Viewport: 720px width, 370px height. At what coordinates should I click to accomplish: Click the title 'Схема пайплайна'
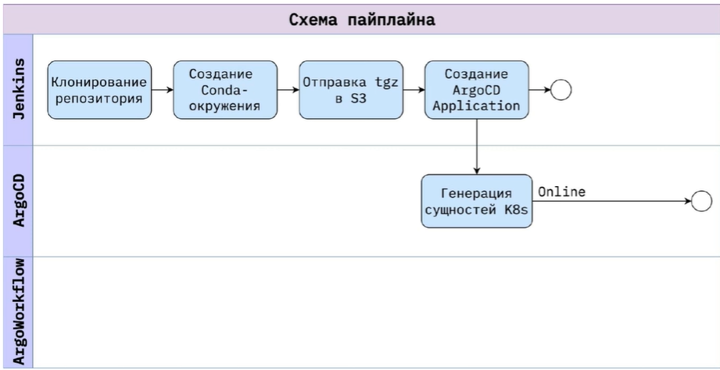pyautogui.click(x=362, y=20)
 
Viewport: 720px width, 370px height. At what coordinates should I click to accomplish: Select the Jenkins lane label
pyautogui.click(x=16, y=89)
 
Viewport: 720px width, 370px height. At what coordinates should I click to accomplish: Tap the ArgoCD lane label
pyautogui.click(x=16, y=201)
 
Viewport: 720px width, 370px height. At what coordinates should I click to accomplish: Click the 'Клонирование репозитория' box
pyautogui.click(x=99, y=90)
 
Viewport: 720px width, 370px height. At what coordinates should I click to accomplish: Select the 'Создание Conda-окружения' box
pyautogui.click(x=225, y=89)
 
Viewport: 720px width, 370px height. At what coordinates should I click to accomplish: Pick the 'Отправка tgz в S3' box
pyautogui.click(x=351, y=89)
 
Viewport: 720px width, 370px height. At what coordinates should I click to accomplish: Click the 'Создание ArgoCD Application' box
pyautogui.click(x=477, y=89)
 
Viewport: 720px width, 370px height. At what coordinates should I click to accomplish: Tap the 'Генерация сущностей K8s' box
pyautogui.click(x=476, y=201)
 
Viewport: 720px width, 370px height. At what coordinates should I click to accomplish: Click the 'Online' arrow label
pyautogui.click(x=561, y=192)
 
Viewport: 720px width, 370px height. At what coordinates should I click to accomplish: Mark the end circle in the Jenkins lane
pyautogui.click(x=561, y=89)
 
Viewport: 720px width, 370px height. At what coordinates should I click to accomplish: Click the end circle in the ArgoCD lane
pyautogui.click(x=701, y=201)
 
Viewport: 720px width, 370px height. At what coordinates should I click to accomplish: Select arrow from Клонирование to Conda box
pyautogui.click(x=162, y=89)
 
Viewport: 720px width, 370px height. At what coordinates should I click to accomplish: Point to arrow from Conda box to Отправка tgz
pyautogui.click(x=288, y=89)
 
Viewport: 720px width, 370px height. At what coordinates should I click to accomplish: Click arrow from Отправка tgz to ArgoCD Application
pyautogui.click(x=414, y=89)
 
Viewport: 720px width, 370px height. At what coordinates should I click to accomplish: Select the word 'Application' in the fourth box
pyautogui.click(x=477, y=106)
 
